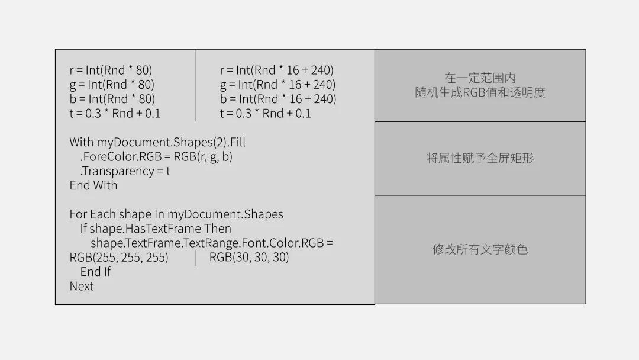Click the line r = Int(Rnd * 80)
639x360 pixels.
[111, 70]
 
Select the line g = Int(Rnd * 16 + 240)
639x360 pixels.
[277, 85]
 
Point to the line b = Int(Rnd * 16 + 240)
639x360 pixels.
[277, 99]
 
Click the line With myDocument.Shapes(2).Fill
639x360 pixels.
[157, 142]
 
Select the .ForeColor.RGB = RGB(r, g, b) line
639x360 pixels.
[156, 157]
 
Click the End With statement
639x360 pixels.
[93, 185]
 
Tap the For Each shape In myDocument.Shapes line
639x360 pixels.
[176, 214]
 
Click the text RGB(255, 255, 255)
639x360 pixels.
[119, 258]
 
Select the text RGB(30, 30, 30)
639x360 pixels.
[249, 258]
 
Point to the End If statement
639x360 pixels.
[95, 272]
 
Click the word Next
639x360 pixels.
[82, 287]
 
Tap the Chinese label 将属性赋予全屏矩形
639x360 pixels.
[480, 159]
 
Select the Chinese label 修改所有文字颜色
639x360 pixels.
[480, 249]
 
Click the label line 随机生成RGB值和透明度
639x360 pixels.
[480, 92]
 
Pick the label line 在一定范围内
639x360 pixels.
[480, 78]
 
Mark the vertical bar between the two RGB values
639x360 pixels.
[195, 258]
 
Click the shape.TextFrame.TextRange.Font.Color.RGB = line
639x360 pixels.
[212, 243]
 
